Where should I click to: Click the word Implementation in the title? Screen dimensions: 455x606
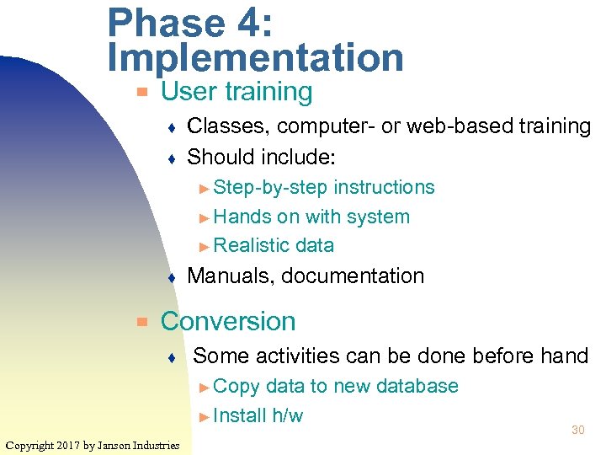(x=256, y=58)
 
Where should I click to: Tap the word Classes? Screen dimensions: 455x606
(x=227, y=126)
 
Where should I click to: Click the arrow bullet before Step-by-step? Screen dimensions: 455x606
(x=205, y=187)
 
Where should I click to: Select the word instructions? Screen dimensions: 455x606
(x=384, y=187)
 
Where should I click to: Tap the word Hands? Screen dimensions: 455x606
(x=243, y=217)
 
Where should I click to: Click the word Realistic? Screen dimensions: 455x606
(x=250, y=245)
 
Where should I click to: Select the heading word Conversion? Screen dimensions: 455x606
(x=228, y=321)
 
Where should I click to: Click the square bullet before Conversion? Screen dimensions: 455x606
(x=143, y=321)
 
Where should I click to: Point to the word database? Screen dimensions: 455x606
(x=417, y=386)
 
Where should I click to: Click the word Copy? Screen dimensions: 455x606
(x=237, y=386)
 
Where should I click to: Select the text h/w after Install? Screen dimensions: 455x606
(x=287, y=415)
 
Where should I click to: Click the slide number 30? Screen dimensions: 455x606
(x=577, y=430)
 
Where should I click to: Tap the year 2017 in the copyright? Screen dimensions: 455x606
(x=72, y=445)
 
